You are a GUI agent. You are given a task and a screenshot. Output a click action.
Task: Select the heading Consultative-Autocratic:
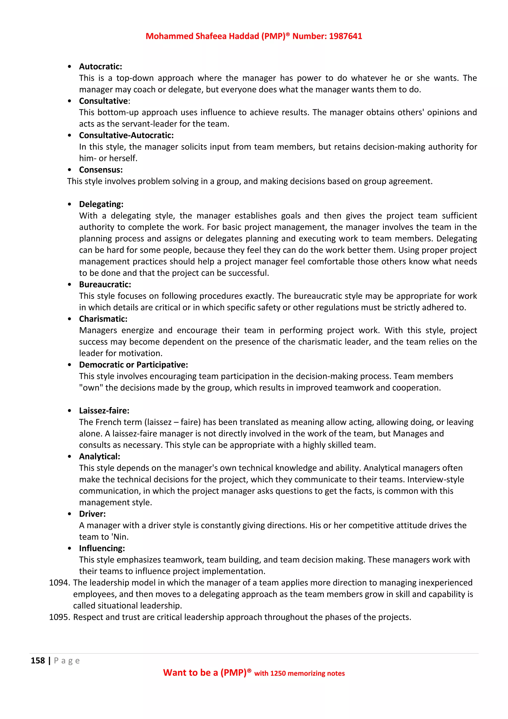pyautogui.click(x=126, y=135)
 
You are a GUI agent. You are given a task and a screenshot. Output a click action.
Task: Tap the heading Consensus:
pyautogui.click(x=101, y=170)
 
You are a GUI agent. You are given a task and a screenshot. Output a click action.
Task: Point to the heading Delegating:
pyautogui.click(x=101, y=204)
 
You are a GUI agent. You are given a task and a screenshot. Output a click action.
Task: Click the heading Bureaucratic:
pyautogui.click(x=105, y=284)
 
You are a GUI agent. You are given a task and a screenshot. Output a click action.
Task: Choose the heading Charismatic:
pyautogui.click(x=103, y=319)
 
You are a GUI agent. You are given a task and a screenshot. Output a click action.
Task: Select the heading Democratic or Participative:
pyautogui.click(x=133, y=364)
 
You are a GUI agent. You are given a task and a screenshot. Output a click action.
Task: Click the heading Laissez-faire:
pyautogui.click(x=104, y=411)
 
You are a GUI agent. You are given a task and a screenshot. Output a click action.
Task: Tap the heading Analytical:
pyautogui.click(x=99, y=456)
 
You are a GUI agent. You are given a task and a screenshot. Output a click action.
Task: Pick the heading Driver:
pyautogui.click(x=92, y=514)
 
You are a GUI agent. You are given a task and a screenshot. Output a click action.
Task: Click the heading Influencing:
pyautogui.click(x=102, y=548)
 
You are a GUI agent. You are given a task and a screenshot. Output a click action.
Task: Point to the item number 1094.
pyautogui.click(x=59, y=583)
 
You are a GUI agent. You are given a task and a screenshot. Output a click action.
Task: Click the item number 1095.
pyautogui.click(x=59, y=617)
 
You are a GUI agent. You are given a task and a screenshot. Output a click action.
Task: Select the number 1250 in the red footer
pyautogui.click(x=278, y=674)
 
